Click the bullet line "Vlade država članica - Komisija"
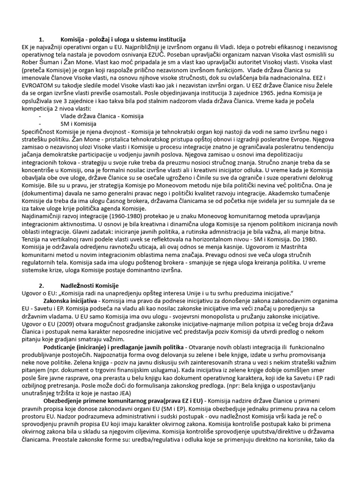tap(102, 115)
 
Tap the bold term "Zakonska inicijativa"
tap(70, 300)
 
